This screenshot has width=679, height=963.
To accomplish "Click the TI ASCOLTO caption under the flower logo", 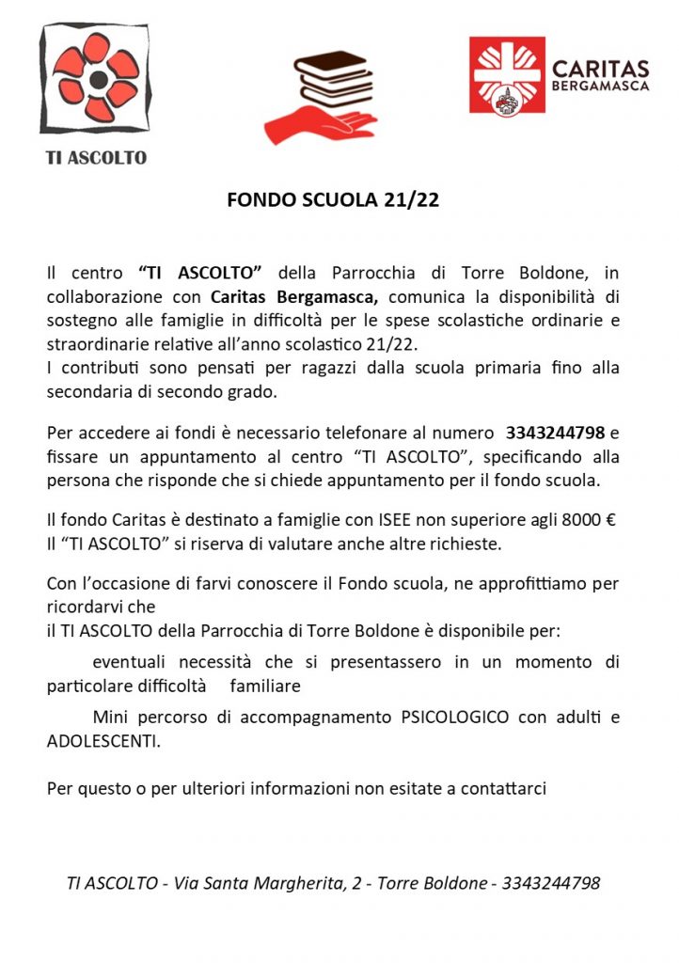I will tap(97, 158).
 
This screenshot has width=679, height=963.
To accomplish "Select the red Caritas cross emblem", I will tap(507, 75).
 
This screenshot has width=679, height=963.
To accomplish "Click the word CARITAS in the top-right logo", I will tap(600, 69).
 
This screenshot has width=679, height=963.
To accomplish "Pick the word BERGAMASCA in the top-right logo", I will tap(600, 87).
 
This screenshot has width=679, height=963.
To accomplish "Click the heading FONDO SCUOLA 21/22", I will tap(333, 200).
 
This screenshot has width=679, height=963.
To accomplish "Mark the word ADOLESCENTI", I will tap(103, 741).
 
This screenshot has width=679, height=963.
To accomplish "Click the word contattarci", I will tap(503, 788).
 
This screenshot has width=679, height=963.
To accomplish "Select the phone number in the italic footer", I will tap(551, 884).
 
